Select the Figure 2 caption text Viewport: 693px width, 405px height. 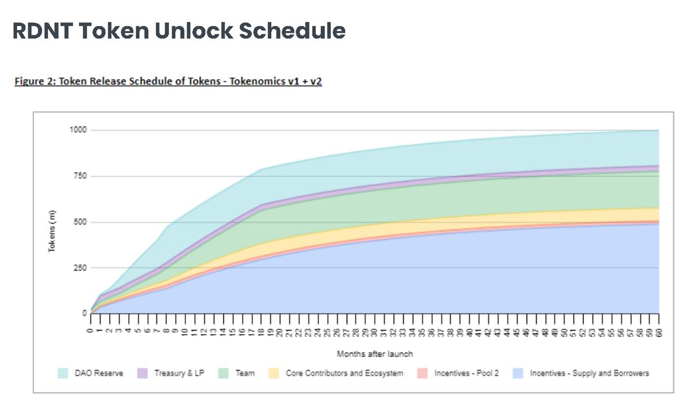[168, 81]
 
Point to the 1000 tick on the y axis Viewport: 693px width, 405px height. [78, 130]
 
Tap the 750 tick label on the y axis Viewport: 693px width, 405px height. [80, 176]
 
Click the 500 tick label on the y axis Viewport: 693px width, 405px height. [80, 222]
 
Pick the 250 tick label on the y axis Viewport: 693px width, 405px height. [80, 268]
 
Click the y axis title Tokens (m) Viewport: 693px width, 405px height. [51, 231]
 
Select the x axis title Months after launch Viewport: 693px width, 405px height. [375, 354]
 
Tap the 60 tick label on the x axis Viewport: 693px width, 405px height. [659, 328]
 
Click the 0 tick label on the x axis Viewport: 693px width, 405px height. [90, 327]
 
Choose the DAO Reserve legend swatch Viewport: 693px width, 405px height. [64, 373]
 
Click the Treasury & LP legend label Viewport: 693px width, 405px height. [179, 373]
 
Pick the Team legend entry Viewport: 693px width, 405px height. [245, 373]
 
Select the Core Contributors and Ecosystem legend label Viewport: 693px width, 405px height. [344, 373]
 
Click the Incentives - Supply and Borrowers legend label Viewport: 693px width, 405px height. [589, 373]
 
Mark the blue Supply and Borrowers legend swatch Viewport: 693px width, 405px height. [519, 373]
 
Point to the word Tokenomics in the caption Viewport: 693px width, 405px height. [257, 81]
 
